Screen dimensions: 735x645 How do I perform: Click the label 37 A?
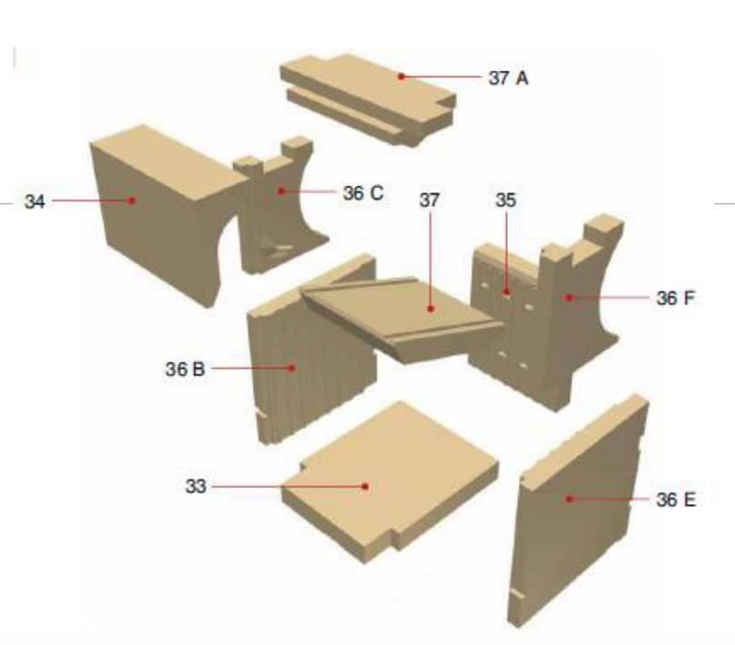tap(509, 78)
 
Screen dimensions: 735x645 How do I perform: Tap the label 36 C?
tap(363, 193)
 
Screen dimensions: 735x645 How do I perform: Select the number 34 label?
tap(35, 202)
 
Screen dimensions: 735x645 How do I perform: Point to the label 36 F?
tap(675, 298)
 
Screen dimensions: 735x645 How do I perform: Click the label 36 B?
tap(185, 369)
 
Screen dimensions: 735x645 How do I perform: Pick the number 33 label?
tap(196, 486)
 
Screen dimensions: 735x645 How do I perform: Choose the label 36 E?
tap(676, 500)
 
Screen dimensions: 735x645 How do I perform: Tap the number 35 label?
tap(506, 200)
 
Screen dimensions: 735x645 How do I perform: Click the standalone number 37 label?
tap(430, 200)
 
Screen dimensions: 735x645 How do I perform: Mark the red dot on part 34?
tap(132, 201)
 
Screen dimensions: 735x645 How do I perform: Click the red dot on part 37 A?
tap(402, 76)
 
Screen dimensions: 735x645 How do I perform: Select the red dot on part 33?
tap(365, 487)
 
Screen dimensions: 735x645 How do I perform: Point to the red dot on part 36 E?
tap(570, 499)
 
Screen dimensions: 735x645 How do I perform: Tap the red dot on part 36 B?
tap(292, 368)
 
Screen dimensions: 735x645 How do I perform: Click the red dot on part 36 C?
tap(281, 192)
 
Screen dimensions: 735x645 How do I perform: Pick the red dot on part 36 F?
tap(569, 297)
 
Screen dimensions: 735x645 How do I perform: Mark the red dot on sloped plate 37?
tap(431, 309)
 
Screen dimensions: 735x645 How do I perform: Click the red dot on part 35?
tap(506, 293)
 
